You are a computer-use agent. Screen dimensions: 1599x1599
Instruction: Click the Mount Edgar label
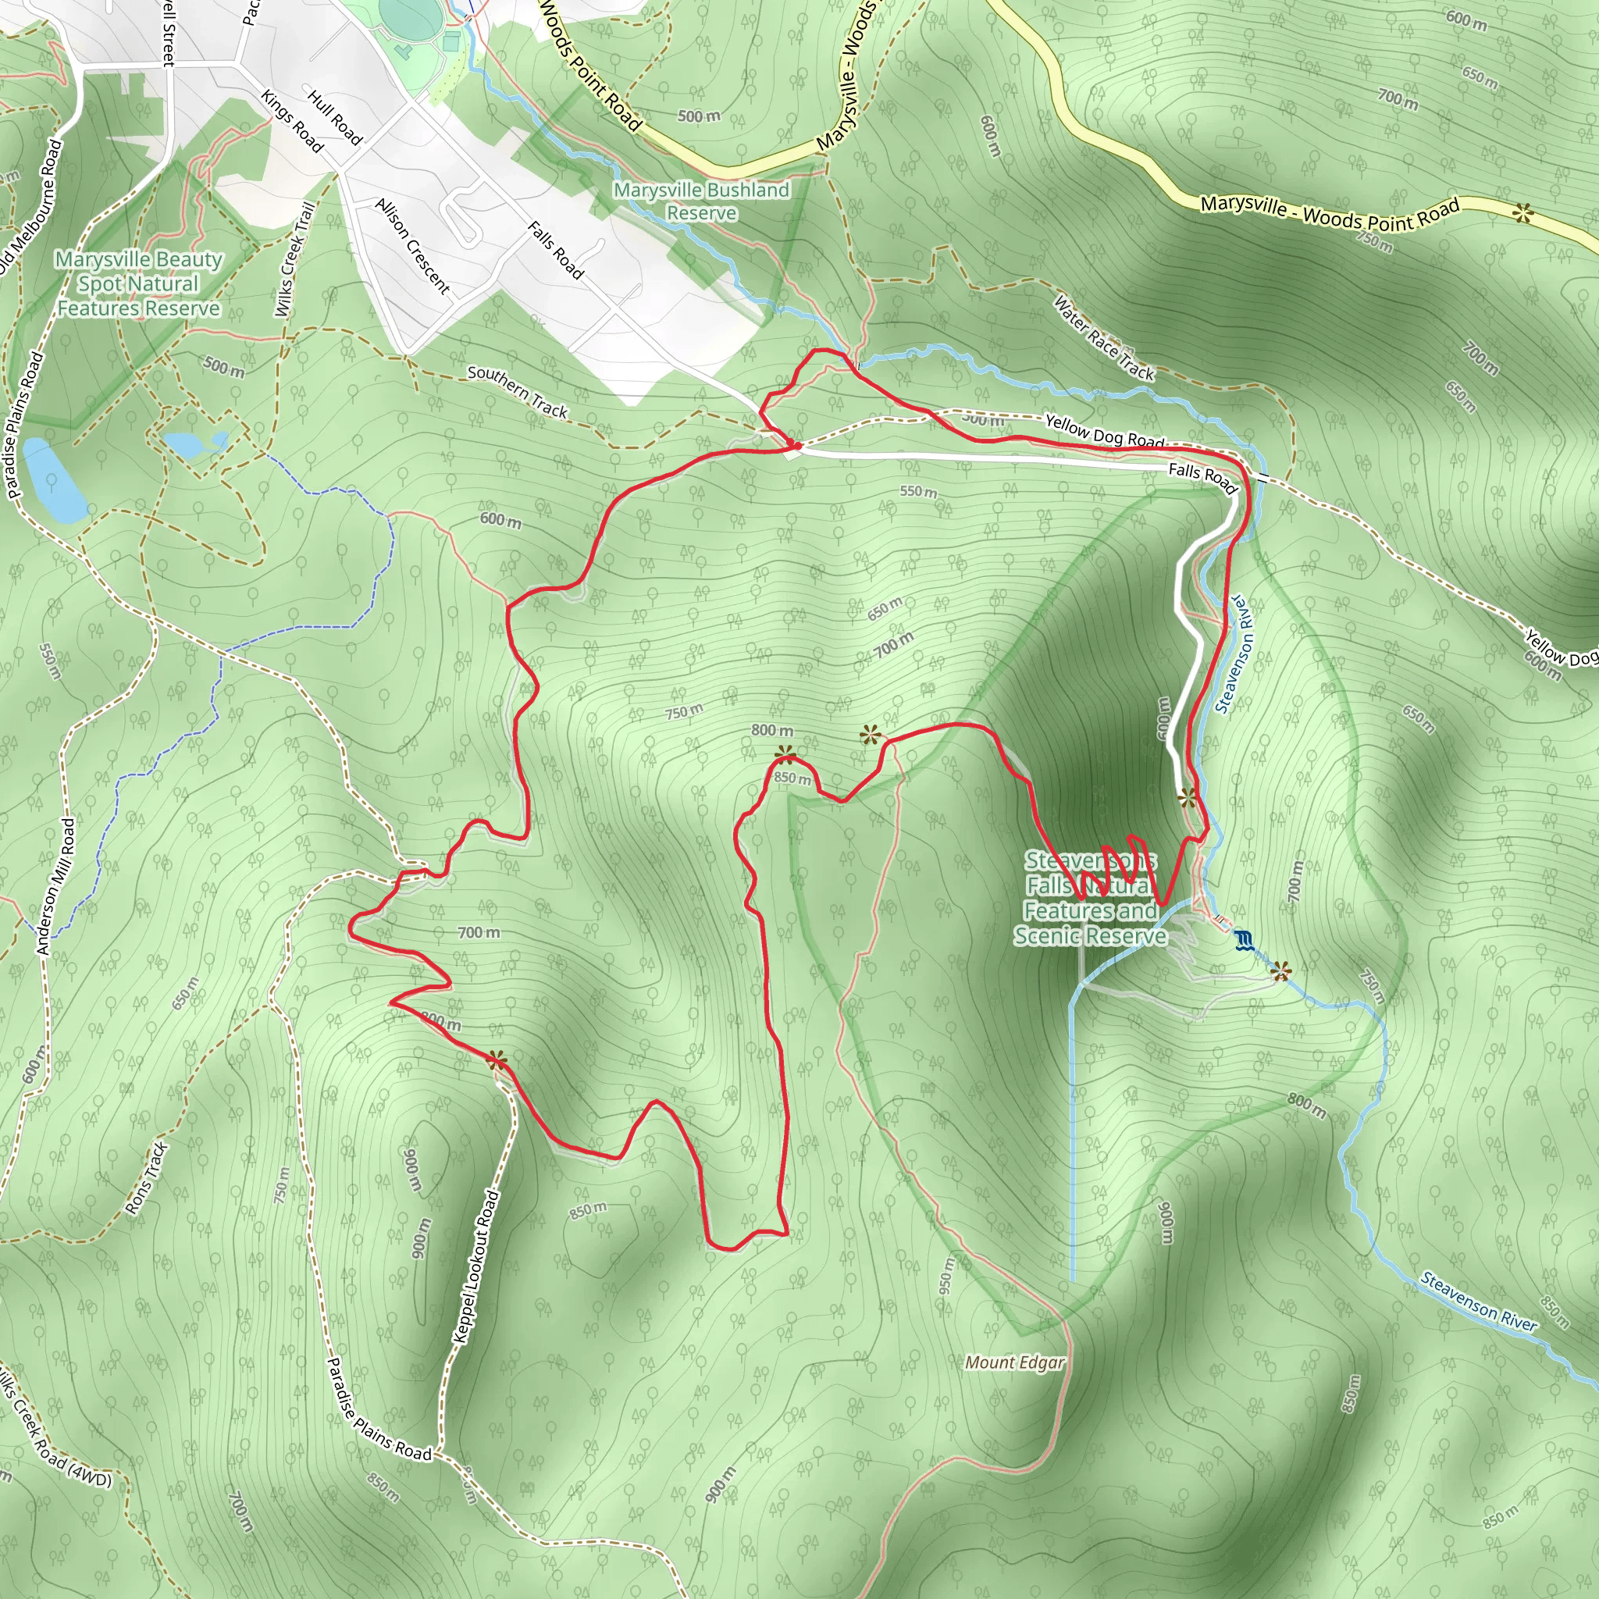1015,1362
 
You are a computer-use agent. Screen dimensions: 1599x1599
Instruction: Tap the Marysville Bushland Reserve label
702,201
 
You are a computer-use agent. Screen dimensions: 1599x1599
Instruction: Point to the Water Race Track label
1103,337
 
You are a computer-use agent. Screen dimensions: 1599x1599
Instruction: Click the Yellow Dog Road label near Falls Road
1104,431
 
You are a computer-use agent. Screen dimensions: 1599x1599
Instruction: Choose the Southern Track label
518,390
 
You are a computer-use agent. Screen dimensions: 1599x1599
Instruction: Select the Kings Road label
291,121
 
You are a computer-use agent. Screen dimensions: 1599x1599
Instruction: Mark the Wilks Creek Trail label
294,259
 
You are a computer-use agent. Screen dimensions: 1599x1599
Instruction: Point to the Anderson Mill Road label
56,886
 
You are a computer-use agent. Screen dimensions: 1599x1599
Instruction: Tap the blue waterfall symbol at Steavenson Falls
1243,940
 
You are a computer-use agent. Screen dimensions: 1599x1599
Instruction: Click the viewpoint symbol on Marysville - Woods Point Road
1522,213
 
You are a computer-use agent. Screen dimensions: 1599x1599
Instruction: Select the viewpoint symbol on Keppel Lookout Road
497,1060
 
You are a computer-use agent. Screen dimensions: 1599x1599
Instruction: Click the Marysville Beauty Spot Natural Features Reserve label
139,284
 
